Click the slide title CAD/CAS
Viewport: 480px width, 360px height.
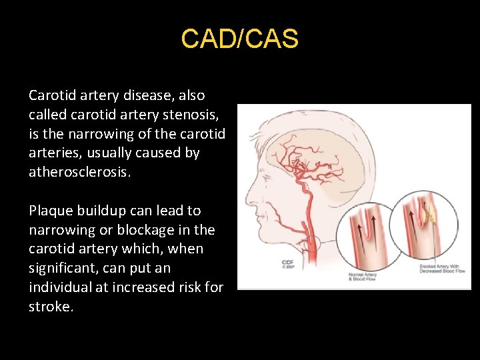point(239,39)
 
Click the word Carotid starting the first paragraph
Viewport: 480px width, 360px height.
point(52,95)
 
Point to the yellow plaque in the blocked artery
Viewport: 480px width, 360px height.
point(432,214)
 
